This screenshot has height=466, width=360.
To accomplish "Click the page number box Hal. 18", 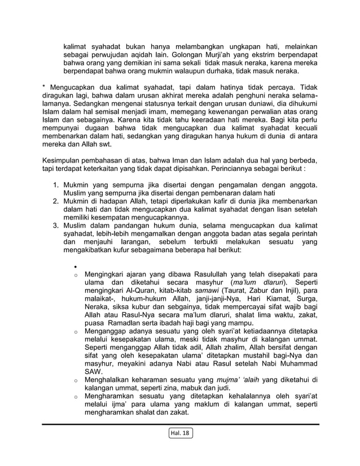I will (180, 433).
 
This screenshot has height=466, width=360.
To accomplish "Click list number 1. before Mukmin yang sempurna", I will (57, 184).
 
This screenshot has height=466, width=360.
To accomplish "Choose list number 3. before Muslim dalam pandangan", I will (57, 226).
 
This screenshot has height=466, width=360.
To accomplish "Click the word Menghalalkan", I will (115, 380).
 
